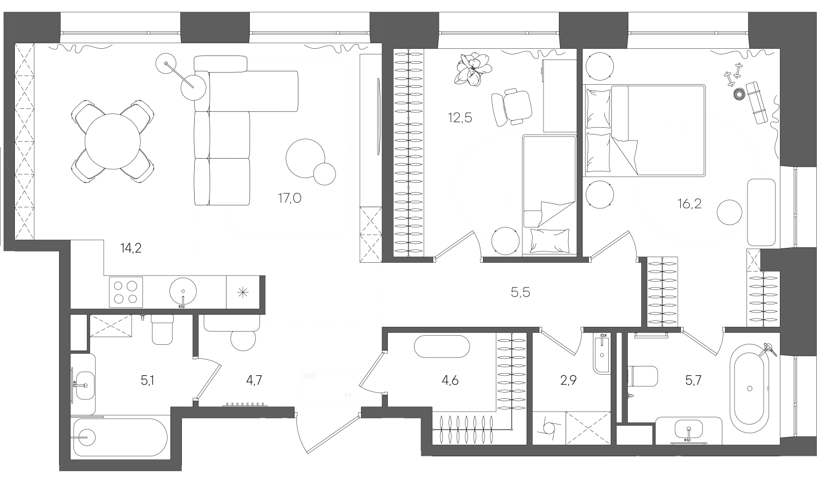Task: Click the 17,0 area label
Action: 289,198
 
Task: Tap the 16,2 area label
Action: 689,204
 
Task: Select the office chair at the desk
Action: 511,106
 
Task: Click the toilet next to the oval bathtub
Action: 643,376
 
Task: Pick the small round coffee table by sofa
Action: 324,173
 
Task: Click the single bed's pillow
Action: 549,239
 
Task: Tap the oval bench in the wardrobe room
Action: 442,346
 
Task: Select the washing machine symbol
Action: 549,428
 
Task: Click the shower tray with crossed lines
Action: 110,325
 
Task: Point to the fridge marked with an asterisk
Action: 242,292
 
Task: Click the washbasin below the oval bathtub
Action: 688,430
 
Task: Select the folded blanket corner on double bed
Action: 623,153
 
